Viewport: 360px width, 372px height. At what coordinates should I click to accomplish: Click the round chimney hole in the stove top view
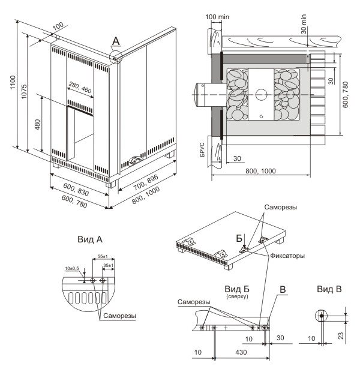261,94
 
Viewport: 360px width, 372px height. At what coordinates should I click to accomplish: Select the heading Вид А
89,239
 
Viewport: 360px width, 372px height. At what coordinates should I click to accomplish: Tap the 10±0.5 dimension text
73,268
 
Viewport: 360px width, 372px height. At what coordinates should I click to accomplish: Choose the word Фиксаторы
287,256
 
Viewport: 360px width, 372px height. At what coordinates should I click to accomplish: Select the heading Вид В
329,290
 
